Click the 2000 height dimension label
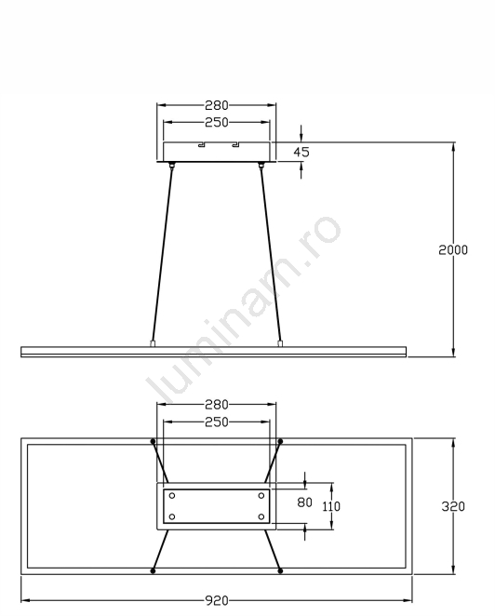(453, 250)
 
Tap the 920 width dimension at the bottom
(217, 601)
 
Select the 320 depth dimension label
(453, 506)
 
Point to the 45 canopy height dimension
(301, 152)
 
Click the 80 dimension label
(304, 502)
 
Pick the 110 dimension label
(331, 506)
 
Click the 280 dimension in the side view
(217, 105)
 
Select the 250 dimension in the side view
(217, 123)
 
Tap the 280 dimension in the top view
(217, 405)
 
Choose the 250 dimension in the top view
(217, 422)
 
